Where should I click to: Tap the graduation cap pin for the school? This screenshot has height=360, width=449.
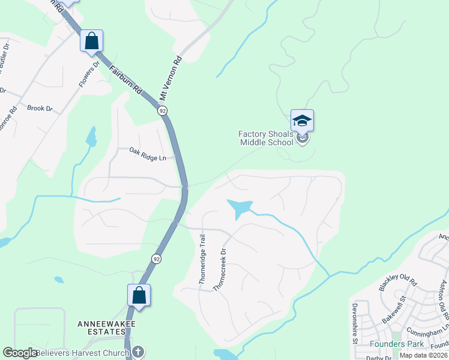[302, 121]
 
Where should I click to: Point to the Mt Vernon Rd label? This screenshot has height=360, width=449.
[170, 79]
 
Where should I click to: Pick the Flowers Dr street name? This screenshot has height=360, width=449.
[88, 73]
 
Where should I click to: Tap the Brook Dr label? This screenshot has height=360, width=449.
[40, 109]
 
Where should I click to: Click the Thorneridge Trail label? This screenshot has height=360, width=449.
[202, 259]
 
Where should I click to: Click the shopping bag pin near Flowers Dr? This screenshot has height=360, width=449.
[92, 41]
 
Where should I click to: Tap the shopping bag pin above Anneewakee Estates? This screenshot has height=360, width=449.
[139, 295]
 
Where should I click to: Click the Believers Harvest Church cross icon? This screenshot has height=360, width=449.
[137, 352]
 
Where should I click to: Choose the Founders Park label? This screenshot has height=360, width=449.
[396, 344]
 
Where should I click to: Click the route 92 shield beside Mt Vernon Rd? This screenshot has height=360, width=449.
[162, 110]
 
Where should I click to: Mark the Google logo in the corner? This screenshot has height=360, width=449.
[20, 353]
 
